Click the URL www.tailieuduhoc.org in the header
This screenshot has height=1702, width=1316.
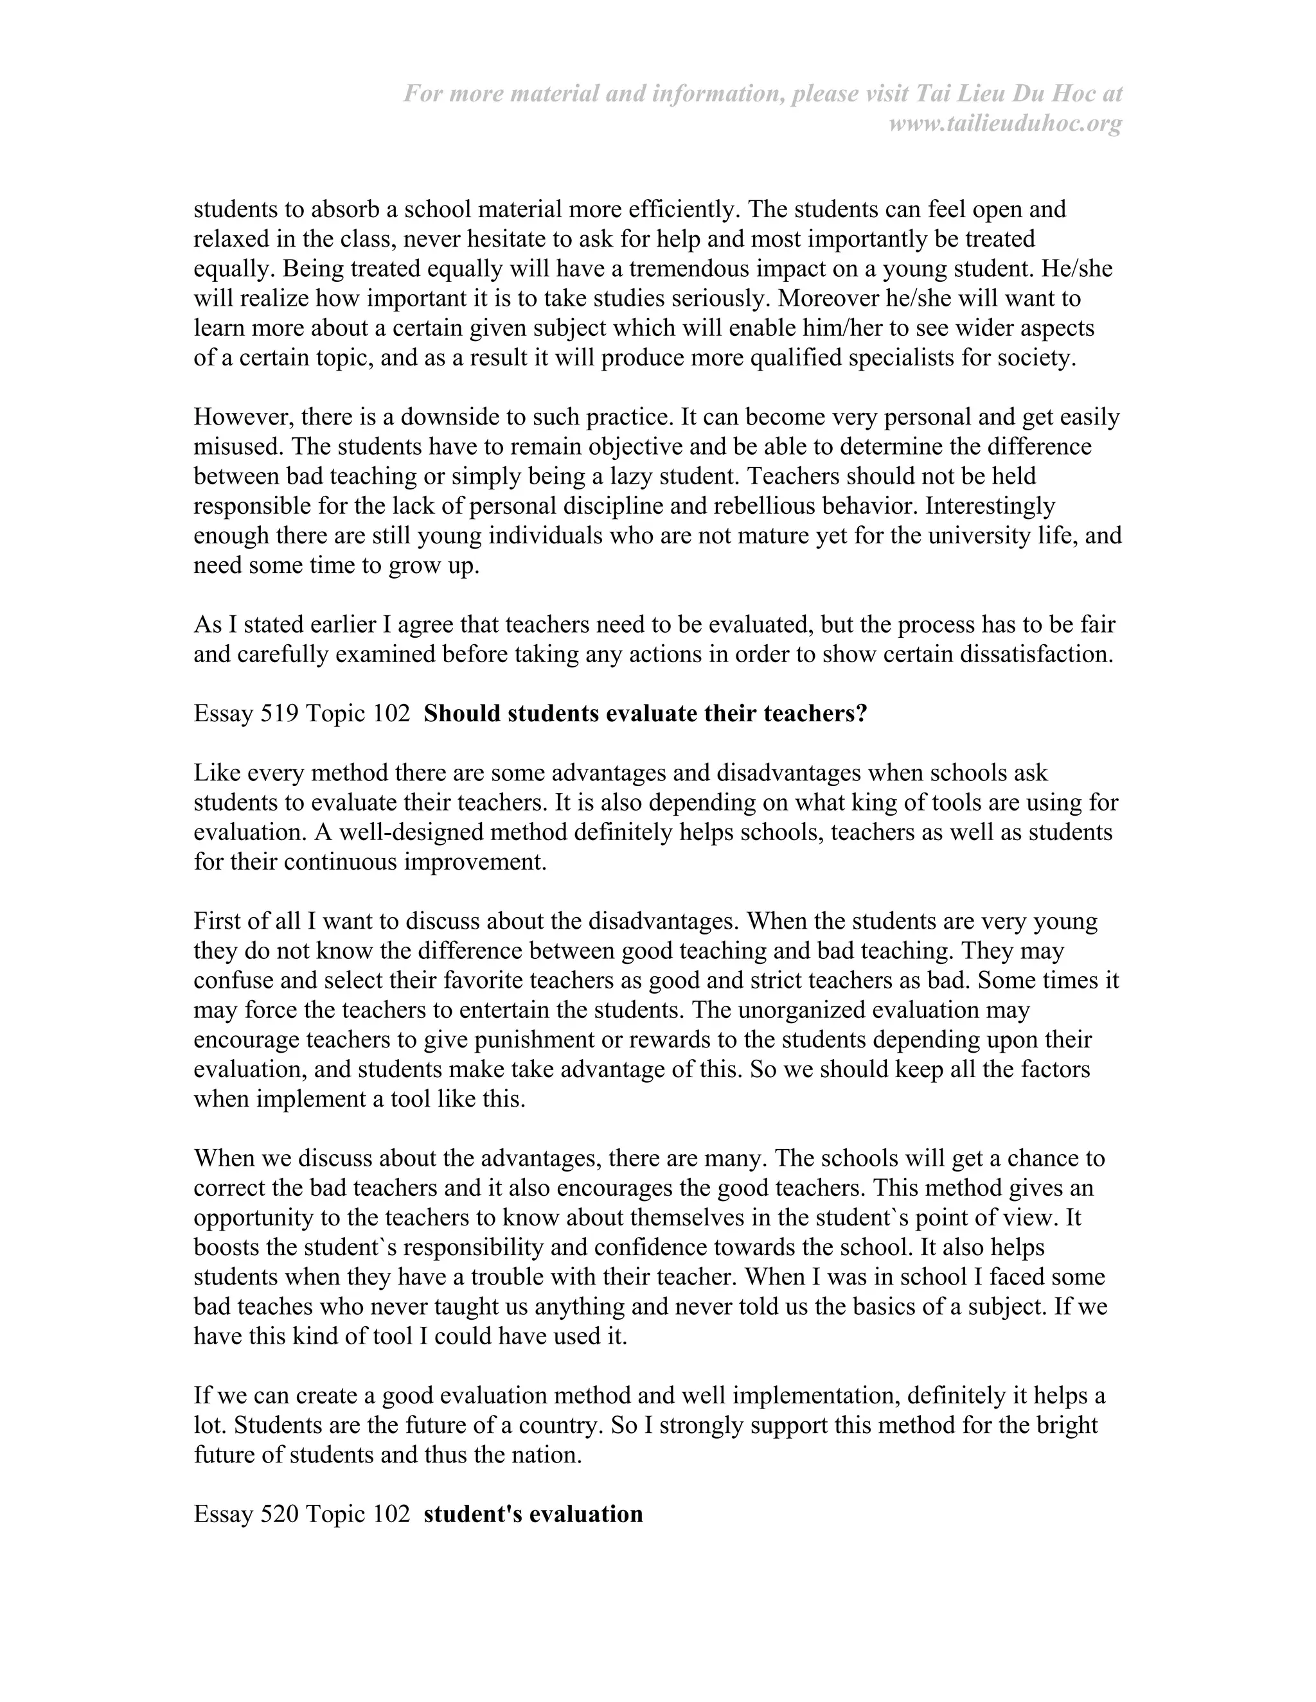pyautogui.click(x=1005, y=124)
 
